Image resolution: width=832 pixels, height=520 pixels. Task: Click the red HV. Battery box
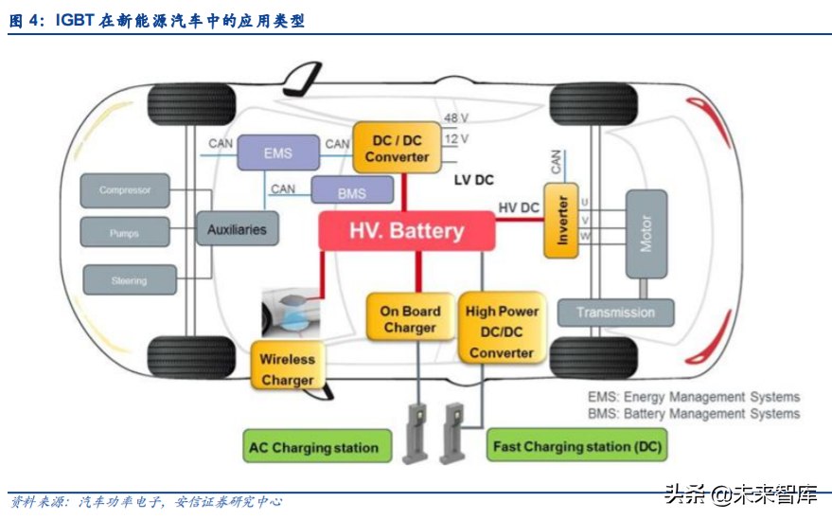click(x=406, y=230)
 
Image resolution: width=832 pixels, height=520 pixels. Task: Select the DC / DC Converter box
click(x=397, y=148)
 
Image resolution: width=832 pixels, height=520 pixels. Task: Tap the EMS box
click(x=278, y=152)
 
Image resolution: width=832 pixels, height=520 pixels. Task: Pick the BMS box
click(x=351, y=192)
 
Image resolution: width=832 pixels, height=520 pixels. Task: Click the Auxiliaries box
click(x=238, y=228)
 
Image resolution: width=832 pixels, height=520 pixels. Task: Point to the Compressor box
click(x=125, y=190)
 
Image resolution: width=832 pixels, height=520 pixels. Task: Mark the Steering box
click(x=129, y=279)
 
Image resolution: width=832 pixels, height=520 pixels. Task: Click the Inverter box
click(x=561, y=221)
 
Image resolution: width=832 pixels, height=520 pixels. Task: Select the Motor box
click(x=646, y=234)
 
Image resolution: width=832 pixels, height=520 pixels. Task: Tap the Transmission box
click(x=615, y=313)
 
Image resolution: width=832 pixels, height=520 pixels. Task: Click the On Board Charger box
click(x=410, y=319)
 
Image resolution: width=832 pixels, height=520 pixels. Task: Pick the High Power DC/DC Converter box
click(x=502, y=331)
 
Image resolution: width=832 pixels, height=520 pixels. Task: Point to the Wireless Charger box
click(x=288, y=368)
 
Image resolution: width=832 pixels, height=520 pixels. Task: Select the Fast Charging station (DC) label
click(x=577, y=446)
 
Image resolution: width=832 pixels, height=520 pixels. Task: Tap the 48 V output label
click(x=456, y=118)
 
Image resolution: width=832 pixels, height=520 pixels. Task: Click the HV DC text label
click(x=519, y=207)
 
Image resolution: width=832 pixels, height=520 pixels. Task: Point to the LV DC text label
click(x=473, y=179)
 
